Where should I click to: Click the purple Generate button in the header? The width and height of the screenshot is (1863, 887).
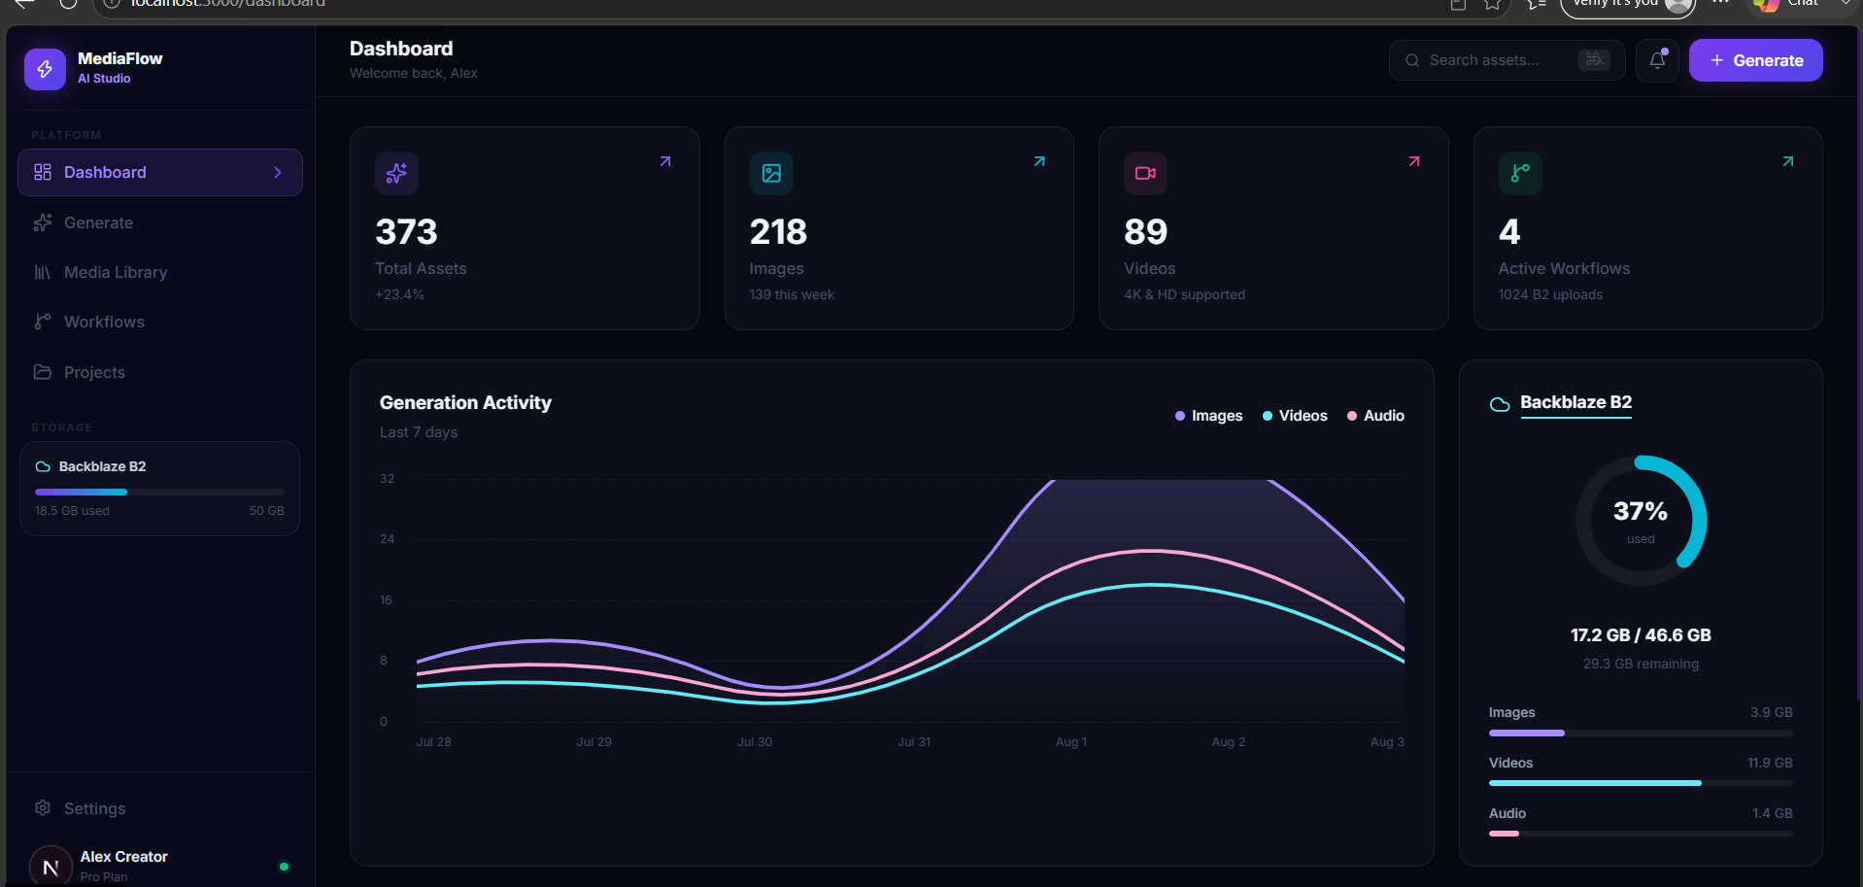[x=1755, y=60]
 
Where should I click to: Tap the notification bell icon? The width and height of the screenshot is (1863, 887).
[x=1657, y=60]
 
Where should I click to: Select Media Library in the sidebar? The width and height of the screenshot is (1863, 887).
[x=116, y=273]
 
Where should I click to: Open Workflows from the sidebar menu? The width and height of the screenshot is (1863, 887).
[x=104, y=323]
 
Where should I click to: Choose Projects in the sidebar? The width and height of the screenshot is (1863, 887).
[x=94, y=373]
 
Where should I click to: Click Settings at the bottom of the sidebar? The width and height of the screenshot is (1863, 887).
[x=94, y=809]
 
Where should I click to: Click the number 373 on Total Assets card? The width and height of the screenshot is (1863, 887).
[x=406, y=232]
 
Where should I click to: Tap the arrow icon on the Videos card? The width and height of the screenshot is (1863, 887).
[x=1414, y=161]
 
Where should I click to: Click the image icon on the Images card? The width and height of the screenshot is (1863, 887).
[x=771, y=173]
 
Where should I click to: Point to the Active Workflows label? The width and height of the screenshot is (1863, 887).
[x=1564, y=269]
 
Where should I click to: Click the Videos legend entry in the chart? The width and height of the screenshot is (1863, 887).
[x=1295, y=416]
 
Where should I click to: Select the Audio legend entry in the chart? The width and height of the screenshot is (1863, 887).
[x=1375, y=416]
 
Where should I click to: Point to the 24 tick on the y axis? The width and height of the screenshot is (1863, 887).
[x=387, y=539]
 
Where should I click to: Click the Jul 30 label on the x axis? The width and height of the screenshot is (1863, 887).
[x=755, y=742]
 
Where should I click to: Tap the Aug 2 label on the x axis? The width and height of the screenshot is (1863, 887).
[x=1228, y=742]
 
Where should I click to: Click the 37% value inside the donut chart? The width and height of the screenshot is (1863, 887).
[x=1641, y=511]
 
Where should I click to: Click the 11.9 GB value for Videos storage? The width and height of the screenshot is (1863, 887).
[x=1770, y=764]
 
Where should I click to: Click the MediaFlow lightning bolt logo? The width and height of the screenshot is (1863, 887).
[x=45, y=69]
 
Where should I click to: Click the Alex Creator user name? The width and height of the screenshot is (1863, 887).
[x=124, y=857]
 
